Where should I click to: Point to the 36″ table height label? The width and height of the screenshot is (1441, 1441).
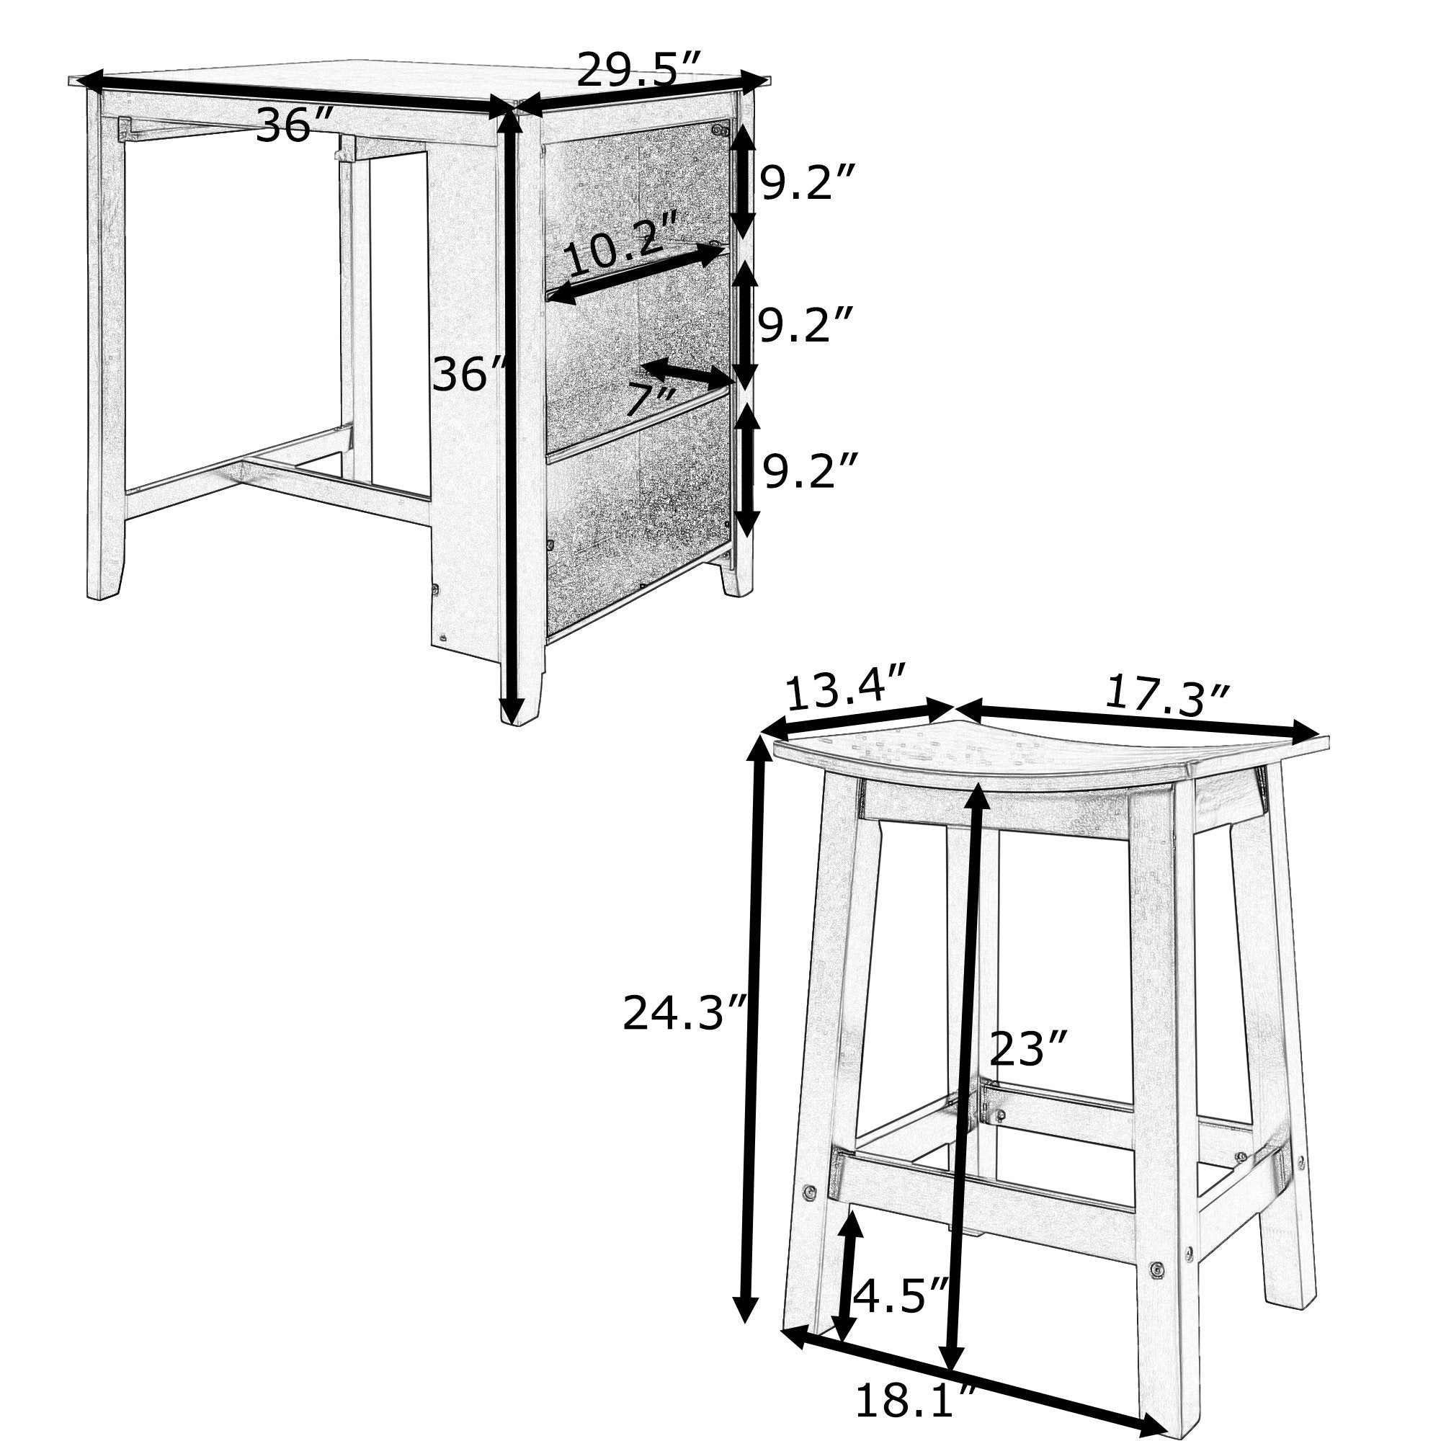[469, 374]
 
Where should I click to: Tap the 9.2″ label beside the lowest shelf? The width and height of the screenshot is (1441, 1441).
[806, 470]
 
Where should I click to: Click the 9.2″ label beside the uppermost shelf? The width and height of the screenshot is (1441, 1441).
[805, 182]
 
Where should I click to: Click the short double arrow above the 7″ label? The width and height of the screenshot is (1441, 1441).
[690, 373]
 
